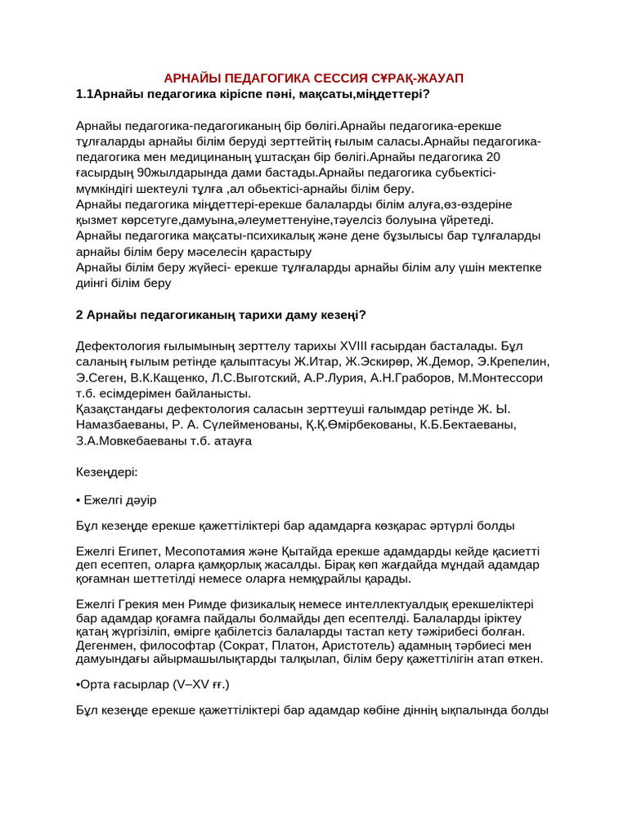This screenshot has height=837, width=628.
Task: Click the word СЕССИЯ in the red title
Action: (350, 78)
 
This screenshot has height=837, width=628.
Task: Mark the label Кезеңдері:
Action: (107, 472)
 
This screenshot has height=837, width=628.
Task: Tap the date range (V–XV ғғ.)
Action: (191, 684)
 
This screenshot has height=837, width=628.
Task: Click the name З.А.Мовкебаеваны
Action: (133, 441)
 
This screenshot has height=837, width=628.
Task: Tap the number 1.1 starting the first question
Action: (84, 94)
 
